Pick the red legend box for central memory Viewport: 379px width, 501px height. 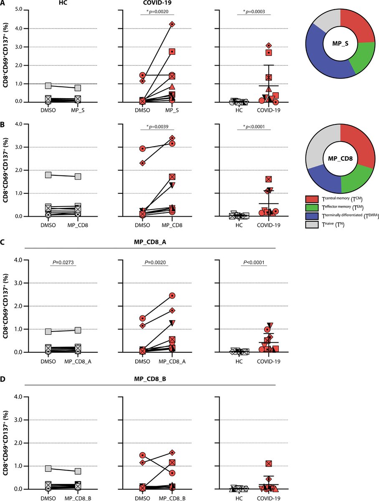click(x=313, y=197)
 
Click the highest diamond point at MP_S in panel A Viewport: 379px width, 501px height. click(x=172, y=24)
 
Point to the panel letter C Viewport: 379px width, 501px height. click(x=4, y=242)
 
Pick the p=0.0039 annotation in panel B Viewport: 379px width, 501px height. click(x=157, y=126)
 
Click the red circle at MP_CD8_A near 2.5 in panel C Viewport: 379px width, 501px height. click(x=172, y=296)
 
